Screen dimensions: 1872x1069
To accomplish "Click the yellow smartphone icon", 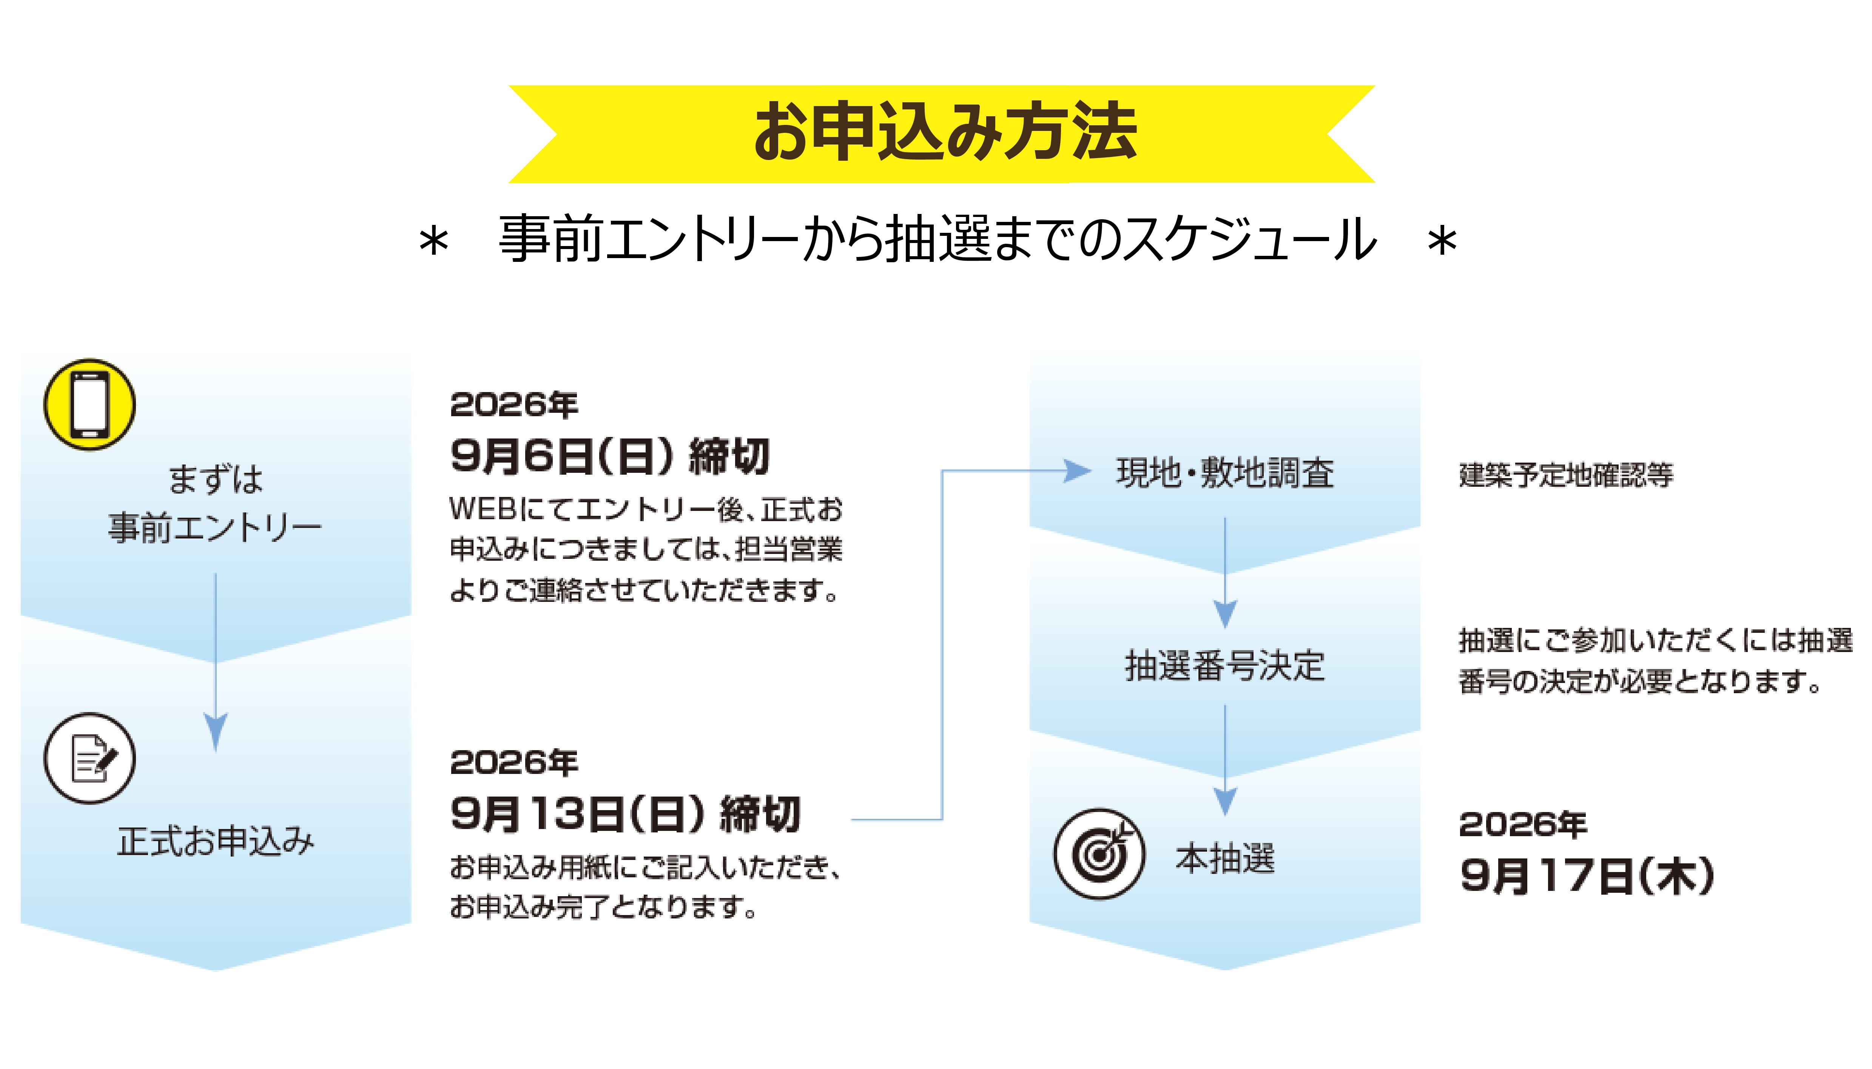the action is (89, 405).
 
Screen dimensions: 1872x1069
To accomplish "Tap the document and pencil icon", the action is (89, 758).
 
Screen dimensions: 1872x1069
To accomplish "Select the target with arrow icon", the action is (1099, 853).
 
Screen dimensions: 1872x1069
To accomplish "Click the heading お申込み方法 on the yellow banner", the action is (945, 132).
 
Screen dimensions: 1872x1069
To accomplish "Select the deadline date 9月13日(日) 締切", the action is (625, 814).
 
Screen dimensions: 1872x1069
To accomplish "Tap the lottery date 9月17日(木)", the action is (1586, 876).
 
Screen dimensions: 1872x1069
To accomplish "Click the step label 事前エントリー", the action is (215, 528).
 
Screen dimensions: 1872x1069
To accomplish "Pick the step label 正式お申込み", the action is (215, 841).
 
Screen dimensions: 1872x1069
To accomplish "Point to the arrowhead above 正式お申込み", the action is (215, 731).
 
